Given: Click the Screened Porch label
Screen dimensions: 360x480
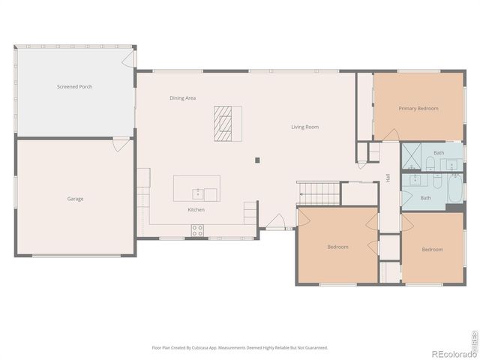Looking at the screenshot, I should (x=75, y=87).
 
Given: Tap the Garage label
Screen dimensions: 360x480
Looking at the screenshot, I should (x=75, y=199).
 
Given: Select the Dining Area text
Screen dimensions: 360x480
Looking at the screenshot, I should (x=182, y=98).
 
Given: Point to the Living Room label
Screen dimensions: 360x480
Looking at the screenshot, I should (x=305, y=127).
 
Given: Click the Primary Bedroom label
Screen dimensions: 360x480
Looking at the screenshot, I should (x=418, y=109).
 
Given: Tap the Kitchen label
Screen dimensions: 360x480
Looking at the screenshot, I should (x=196, y=210).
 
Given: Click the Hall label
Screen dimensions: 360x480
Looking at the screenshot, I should (x=388, y=178).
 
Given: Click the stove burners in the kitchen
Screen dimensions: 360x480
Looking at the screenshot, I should (x=197, y=230).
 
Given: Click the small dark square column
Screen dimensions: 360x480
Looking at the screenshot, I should (x=257, y=160).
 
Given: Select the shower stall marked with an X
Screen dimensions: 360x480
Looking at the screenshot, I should (x=412, y=157).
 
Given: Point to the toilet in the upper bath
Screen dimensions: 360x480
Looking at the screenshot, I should (x=430, y=163).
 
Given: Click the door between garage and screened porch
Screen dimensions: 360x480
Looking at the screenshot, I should (x=121, y=144).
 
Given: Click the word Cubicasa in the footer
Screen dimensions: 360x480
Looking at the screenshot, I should (x=203, y=348).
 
